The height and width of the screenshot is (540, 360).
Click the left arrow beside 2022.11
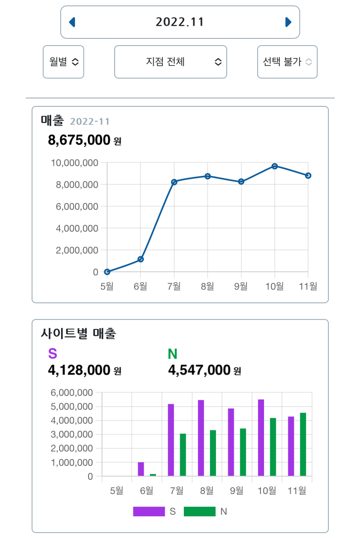click(72, 22)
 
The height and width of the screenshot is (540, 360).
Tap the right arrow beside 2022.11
click(288, 22)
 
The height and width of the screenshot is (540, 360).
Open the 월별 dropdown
click(64, 62)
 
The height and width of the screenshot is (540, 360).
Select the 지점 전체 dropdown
click(171, 62)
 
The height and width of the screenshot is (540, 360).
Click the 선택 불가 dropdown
click(287, 62)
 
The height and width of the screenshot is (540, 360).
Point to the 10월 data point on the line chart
click(275, 166)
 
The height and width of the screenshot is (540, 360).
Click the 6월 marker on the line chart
click(141, 259)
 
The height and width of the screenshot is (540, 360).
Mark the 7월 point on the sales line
click(174, 182)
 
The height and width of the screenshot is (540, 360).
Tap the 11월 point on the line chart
click(308, 175)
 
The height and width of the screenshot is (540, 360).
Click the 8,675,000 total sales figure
click(79, 140)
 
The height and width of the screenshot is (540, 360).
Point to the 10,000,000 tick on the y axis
click(74, 163)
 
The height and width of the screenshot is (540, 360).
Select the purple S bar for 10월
click(261, 437)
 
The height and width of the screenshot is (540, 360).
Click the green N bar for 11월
click(303, 444)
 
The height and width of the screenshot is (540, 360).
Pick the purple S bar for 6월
click(141, 469)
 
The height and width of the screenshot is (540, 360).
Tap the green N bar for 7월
click(183, 455)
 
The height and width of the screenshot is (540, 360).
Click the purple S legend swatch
click(149, 511)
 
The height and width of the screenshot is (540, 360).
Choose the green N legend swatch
click(200, 511)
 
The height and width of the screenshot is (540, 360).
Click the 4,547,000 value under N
click(199, 370)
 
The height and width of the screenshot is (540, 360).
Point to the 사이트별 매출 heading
click(78, 334)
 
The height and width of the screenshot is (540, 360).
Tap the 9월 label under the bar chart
click(237, 491)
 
